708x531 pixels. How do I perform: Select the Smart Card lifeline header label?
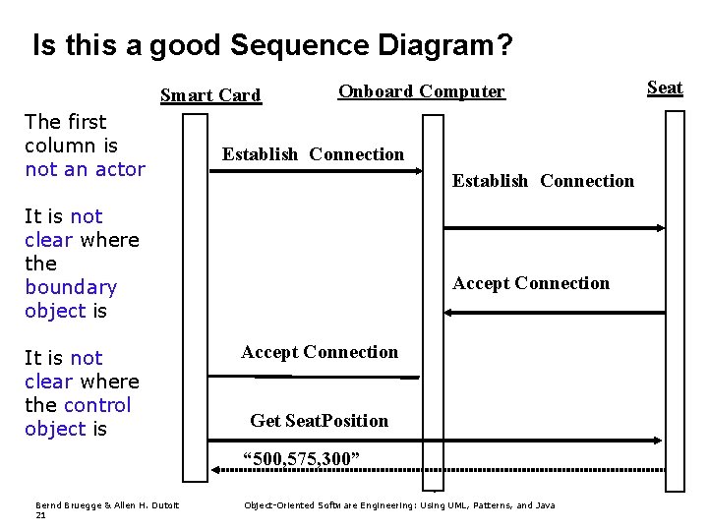pyautogui.click(x=210, y=95)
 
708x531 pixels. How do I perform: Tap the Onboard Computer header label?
pyautogui.click(x=421, y=91)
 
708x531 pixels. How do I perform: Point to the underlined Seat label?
pyautogui.click(x=664, y=88)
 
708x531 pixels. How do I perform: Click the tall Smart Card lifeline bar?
pyautogui.click(x=197, y=295)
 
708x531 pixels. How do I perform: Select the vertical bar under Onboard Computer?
pyautogui.click(x=433, y=295)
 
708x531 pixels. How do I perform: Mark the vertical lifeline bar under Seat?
pyautogui.click(x=675, y=295)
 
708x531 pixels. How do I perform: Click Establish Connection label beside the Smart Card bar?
pyautogui.click(x=313, y=154)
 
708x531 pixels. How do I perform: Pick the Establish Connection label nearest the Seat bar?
pyautogui.click(x=543, y=181)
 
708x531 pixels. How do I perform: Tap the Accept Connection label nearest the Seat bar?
pyautogui.click(x=531, y=284)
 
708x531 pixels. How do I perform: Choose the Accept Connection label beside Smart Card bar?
pyautogui.click(x=320, y=352)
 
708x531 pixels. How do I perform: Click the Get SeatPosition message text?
pyautogui.click(x=320, y=421)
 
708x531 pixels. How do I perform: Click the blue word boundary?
pyautogui.click(x=71, y=287)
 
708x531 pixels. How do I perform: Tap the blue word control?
pyautogui.click(x=97, y=405)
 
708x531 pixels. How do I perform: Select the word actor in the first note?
pyautogui.click(x=118, y=169)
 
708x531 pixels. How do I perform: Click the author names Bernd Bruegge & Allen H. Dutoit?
pyautogui.click(x=95, y=505)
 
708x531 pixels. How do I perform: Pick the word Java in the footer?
pyautogui.click(x=544, y=505)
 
